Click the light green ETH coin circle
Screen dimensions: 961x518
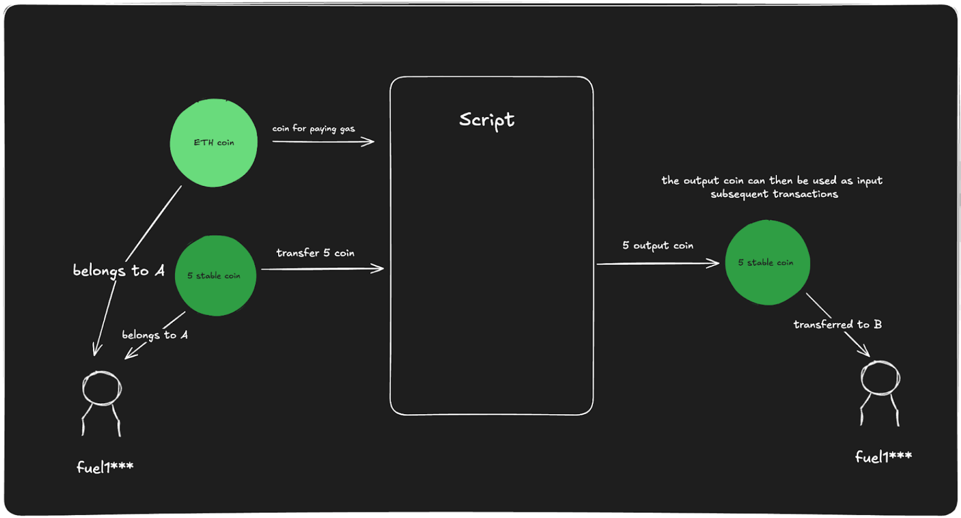tap(214, 143)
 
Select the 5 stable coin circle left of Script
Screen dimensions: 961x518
tap(216, 275)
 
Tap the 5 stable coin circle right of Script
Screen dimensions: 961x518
tap(768, 263)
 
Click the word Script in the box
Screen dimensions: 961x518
tap(486, 120)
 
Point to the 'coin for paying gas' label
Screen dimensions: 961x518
tap(314, 128)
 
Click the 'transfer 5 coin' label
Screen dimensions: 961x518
tap(315, 253)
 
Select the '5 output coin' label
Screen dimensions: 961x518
tap(658, 246)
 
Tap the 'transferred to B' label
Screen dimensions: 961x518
tap(838, 325)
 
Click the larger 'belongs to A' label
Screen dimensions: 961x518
tap(119, 271)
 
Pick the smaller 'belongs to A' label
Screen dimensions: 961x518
tap(155, 335)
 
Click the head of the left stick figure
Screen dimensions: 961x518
tap(101, 388)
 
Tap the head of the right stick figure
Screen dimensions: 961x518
tap(880, 377)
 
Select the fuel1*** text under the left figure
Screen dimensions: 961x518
tap(105, 467)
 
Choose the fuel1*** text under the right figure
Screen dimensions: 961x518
tap(884, 457)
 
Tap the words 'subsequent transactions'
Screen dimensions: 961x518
tap(774, 194)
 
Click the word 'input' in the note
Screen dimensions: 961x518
tap(870, 181)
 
